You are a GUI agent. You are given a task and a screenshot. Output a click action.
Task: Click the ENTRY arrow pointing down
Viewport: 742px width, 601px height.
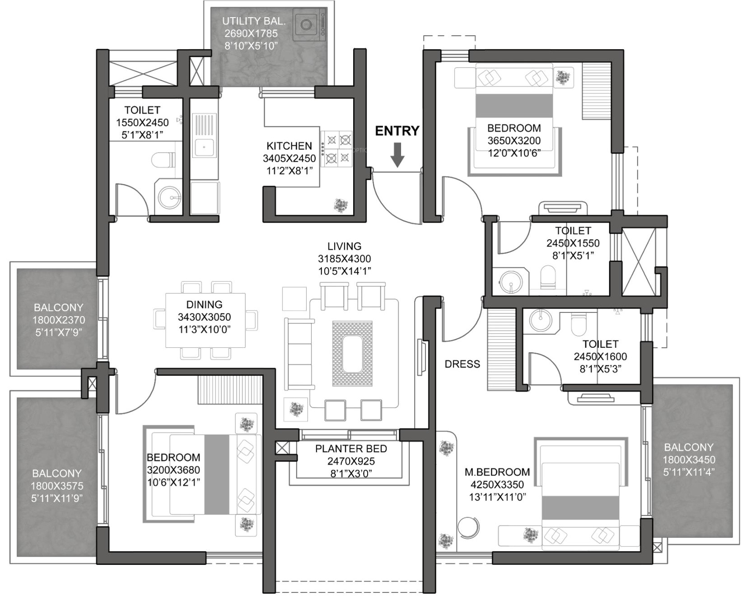[397, 155]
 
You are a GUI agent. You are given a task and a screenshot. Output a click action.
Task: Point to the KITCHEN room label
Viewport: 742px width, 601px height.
[289, 146]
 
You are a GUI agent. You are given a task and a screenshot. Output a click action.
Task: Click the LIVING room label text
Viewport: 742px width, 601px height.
[344, 246]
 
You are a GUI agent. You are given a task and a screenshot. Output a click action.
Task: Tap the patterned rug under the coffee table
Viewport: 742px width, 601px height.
[352, 354]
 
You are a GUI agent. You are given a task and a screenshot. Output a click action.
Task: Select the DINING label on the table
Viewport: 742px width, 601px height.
[204, 304]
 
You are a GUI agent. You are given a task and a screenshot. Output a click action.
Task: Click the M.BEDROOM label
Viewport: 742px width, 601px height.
[497, 472]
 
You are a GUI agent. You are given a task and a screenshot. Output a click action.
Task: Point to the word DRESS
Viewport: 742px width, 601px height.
[462, 364]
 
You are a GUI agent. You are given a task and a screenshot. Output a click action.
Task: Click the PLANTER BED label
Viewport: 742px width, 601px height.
[351, 449]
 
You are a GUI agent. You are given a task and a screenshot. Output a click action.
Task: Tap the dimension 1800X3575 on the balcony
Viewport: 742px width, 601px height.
[57, 486]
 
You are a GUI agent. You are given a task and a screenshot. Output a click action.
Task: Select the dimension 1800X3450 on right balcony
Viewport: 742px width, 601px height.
[689, 460]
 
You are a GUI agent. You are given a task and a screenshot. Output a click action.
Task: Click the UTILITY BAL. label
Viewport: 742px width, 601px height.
[254, 21]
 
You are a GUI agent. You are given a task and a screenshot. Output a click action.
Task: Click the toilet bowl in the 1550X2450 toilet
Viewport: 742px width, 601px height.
[163, 160]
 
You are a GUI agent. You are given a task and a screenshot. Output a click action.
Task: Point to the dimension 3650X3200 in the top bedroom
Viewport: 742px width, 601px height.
[513, 140]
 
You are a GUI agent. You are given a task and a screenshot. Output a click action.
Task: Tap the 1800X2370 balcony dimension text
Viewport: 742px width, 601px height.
[58, 320]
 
